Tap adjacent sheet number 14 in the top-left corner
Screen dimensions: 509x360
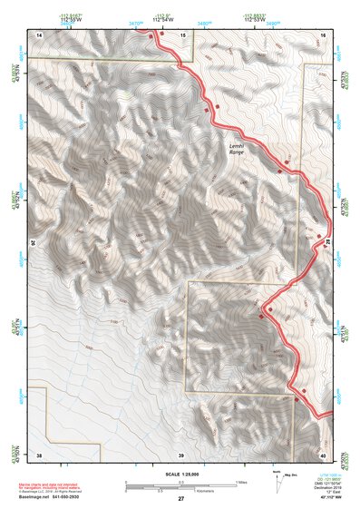coord(39,34)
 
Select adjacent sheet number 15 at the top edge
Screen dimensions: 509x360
coord(181,34)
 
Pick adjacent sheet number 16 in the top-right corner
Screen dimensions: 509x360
coord(323,34)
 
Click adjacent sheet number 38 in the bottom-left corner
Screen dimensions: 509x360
coord(39,453)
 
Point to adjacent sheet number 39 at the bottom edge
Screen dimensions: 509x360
coord(181,453)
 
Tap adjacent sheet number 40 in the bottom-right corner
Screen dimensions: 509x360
coord(323,453)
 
